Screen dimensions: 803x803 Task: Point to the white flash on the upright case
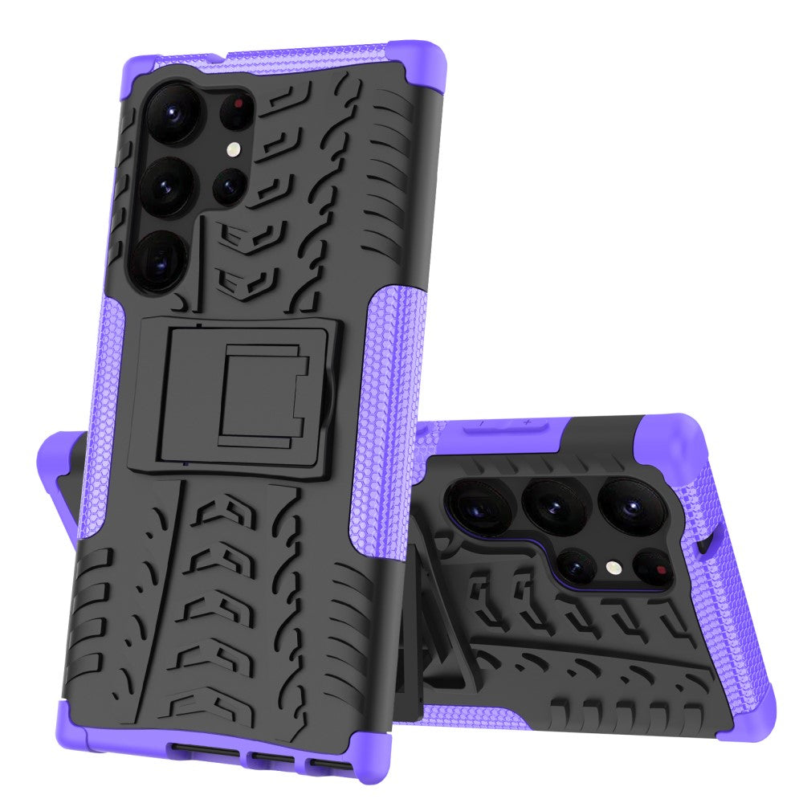[x=233, y=149]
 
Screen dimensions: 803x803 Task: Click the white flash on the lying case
[x=613, y=566]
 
